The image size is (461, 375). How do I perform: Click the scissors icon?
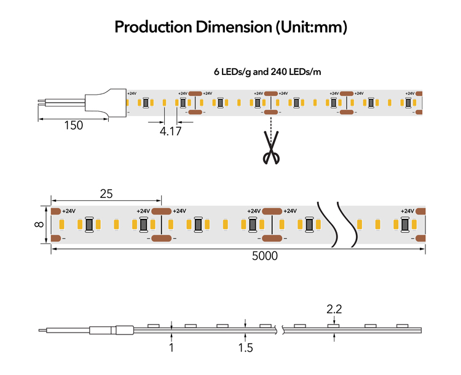coord(271,148)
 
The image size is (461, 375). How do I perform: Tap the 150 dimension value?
coord(74,125)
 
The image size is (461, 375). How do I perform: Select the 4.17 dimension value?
coord(170,131)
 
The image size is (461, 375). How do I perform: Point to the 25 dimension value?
coord(106,194)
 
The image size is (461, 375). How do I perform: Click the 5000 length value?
coord(264,256)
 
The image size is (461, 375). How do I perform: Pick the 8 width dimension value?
coord(39,224)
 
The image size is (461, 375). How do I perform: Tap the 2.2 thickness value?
coord(334,309)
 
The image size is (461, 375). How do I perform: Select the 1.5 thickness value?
coord(245,348)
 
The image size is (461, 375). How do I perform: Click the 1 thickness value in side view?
coord(171,348)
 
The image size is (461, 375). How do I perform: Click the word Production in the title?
coord(153,27)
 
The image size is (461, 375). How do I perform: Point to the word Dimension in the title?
coord(234,27)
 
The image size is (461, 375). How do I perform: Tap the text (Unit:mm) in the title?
coord(312,27)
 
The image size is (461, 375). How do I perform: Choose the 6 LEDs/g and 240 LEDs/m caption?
coord(267,72)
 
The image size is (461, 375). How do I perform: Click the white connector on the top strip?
coord(106,103)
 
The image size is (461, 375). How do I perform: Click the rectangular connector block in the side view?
coord(125,330)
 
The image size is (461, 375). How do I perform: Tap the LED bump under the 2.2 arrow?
coord(334,326)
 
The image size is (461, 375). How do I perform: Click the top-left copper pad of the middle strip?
coord(56,211)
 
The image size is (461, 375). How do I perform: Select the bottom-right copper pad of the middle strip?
coord(420,239)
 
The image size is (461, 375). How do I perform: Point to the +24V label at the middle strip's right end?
coord(407,211)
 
